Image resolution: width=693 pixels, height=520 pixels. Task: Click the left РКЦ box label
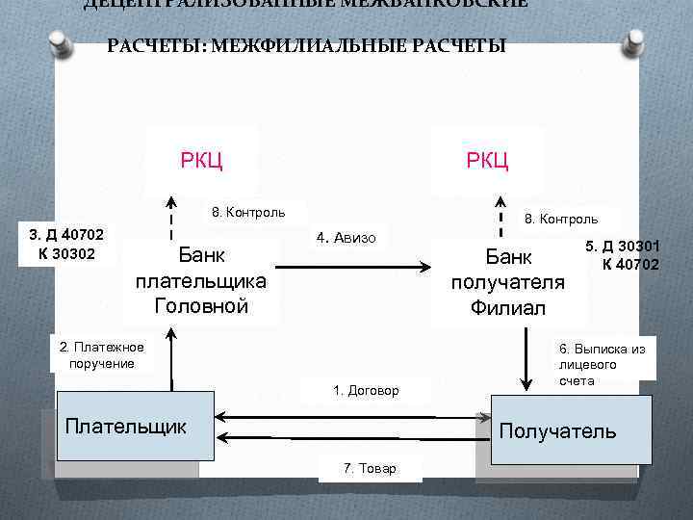201,160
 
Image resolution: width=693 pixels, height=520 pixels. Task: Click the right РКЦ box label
487,160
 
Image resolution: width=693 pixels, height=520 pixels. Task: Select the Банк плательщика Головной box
201,281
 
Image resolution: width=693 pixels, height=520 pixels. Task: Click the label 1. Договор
365,390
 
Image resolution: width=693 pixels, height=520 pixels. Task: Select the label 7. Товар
370,468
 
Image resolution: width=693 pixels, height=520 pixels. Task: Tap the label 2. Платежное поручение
101,355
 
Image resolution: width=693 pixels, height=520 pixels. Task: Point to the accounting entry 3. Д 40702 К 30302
66,244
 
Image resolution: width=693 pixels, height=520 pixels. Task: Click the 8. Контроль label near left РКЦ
244,212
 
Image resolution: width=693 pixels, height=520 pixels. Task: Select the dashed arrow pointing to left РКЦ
171,217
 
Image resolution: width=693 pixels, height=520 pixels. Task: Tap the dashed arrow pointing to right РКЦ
500,217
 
